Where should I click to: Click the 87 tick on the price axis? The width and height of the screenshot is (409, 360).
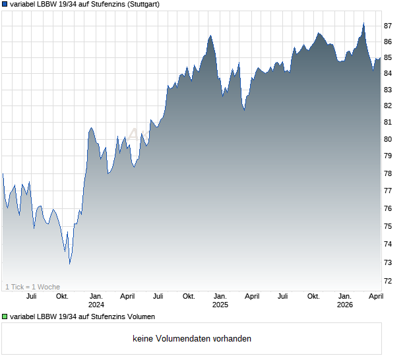[x=388, y=26]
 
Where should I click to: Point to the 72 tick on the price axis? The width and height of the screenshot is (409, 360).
[x=388, y=281]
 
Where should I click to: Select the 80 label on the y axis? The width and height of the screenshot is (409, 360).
[x=388, y=139]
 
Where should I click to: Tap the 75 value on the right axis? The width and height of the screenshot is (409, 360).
[x=388, y=226]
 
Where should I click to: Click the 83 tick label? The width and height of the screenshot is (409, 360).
[x=388, y=90]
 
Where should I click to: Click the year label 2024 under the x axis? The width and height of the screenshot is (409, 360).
[x=96, y=305]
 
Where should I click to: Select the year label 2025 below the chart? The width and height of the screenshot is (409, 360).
[x=220, y=305]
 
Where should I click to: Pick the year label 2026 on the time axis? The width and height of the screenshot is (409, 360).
[x=344, y=305]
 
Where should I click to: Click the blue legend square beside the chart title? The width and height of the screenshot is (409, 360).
[x=5, y=4]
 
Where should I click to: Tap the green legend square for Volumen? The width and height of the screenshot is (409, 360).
[x=5, y=317]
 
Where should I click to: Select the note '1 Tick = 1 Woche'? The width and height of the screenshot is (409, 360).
[x=32, y=287]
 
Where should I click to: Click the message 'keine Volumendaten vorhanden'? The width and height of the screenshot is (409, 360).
[x=192, y=339]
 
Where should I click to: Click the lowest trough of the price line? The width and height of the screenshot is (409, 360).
[x=69, y=264]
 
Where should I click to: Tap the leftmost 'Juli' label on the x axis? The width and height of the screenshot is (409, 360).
[x=31, y=297]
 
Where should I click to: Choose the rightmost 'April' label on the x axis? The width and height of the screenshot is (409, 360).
[x=375, y=297]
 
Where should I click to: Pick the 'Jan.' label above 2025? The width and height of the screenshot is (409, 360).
[x=220, y=297]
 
